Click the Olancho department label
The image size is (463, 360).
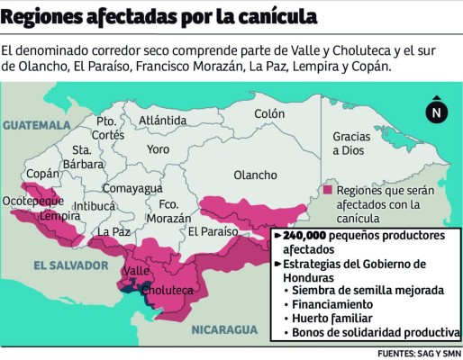pyautogui.click(x=255, y=175)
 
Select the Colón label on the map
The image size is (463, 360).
pyautogui.click(x=268, y=114)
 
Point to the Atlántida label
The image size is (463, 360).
pyautogui.click(x=163, y=120)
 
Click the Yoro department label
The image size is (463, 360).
pyautogui.click(x=158, y=148)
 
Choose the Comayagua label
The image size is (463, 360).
pyautogui.click(x=132, y=188)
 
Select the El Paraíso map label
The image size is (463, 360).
pyautogui.click(x=213, y=232)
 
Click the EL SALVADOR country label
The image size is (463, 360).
pyautogui.click(x=68, y=265)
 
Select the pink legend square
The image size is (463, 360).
pyautogui.click(x=327, y=191)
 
